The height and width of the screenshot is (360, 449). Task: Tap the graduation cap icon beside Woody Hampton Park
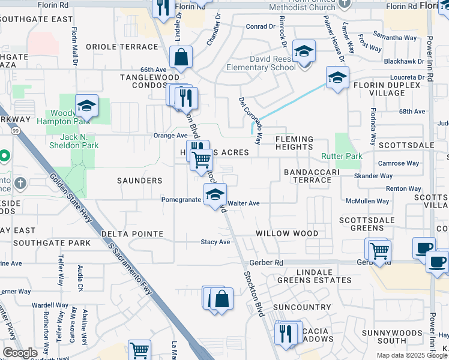click(87, 106)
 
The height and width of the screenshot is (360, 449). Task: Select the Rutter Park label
click(342, 157)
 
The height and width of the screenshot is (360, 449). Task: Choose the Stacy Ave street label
click(215, 242)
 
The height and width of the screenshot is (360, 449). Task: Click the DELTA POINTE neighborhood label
click(132, 233)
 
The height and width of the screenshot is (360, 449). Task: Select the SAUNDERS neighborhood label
click(139, 181)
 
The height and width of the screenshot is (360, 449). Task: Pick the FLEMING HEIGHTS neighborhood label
click(294, 143)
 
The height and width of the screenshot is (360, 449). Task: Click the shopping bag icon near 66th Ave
click(181, 58)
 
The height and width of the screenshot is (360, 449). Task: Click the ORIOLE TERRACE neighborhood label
click(121, 47)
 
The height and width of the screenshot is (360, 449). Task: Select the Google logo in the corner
click(20, 353)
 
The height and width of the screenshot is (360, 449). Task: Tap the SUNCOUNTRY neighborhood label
click(301, 307)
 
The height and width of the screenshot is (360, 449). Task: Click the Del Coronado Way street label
click(250, 121)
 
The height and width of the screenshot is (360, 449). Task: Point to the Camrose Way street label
click(399, 163)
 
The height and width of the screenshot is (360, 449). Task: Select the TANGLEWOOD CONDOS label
click(149, 82)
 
